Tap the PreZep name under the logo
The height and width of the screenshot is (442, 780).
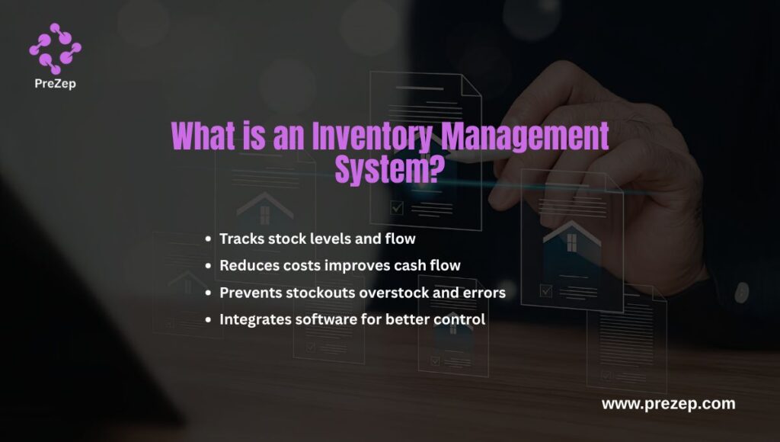click(55, 85)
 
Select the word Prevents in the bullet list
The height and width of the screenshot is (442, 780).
click(248, 292)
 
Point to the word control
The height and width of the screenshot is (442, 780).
click(459, 319)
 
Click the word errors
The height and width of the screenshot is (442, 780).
click(484, 292)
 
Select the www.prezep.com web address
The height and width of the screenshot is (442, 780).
click(668, 404)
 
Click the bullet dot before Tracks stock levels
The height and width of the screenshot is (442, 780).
click(208, 239)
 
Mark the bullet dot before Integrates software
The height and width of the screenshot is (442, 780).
click(208, 320)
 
